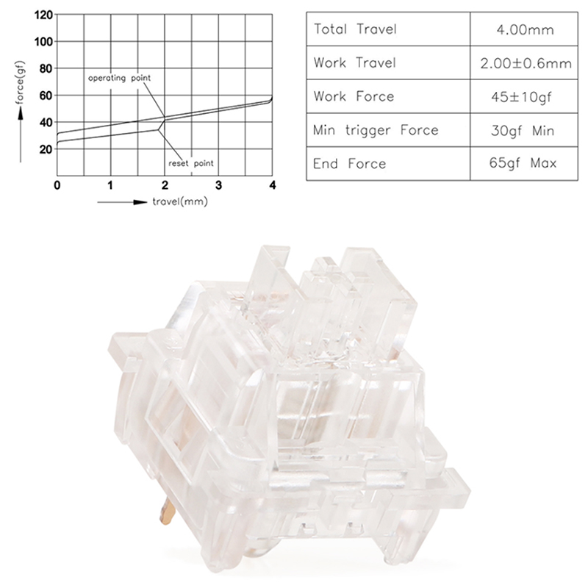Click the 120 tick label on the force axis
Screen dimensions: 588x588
coord(43,15)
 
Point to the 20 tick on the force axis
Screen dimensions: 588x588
coord(46,149)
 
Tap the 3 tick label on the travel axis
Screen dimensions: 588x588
coord(218,185)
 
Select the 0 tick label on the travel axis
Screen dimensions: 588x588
coord(57,185)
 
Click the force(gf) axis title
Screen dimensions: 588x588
coord(20,82)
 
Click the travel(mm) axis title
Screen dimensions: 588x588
coord(180,201)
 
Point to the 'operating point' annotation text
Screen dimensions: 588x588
coord(119,78)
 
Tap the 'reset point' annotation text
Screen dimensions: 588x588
coord(191,163)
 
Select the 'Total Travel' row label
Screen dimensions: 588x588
coord(355,29)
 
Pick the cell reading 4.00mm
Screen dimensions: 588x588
coord(525,29)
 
